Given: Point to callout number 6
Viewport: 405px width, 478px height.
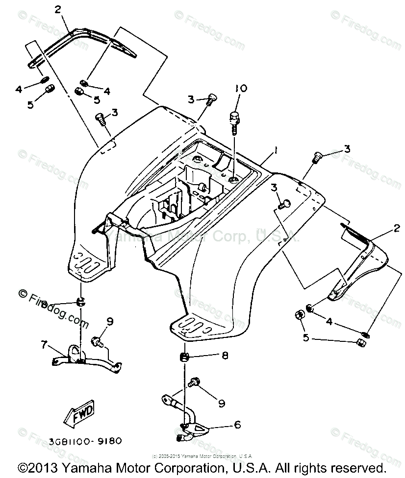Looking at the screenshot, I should click(237, 425).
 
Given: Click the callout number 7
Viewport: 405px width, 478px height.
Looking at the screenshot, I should click(45, 345).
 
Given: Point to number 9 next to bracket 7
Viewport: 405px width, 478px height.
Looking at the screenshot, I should click(110, 322).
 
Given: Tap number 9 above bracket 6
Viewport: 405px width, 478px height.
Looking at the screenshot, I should click(221, 403).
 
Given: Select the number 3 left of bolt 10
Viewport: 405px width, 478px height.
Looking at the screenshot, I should click(191, 100).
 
